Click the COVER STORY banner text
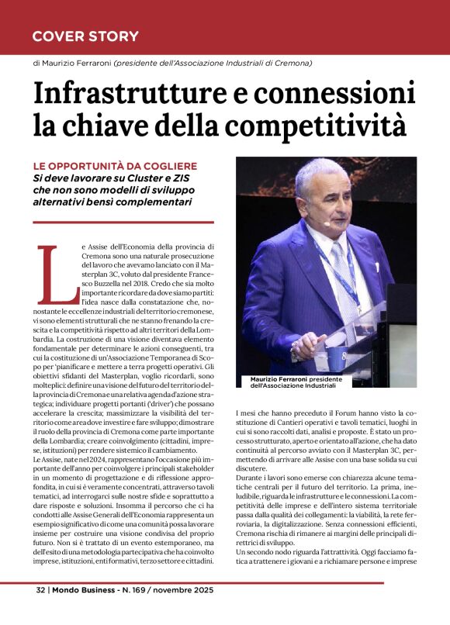85,36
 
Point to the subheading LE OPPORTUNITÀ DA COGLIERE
115,166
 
